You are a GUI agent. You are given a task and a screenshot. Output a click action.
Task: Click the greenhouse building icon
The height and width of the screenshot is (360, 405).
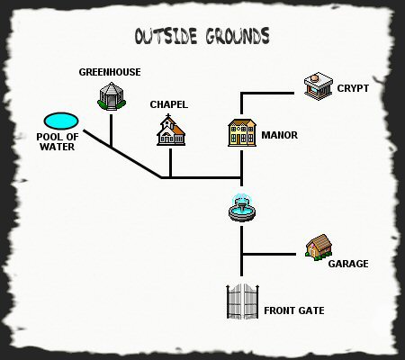pyautogui.click(x=112, y=96)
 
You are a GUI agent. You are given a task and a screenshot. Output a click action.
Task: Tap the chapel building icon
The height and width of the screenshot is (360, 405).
pyautogui.click(x=171, y=130)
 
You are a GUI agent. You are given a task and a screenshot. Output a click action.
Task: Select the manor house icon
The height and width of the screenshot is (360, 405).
pyautogui.click(x=242, y=132)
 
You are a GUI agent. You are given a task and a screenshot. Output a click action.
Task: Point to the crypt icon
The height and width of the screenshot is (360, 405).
pyautogui.click(x=319, y=85)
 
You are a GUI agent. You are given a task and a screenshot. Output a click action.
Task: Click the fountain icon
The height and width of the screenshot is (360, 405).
pyautogui.click(x=242, y=208)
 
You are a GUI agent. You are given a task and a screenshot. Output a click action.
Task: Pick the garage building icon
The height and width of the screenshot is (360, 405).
pyautogui.click(x=319, y=247)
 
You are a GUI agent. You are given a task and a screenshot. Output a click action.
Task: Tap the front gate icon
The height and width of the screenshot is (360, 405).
pyautogui.click(x=242, y=301)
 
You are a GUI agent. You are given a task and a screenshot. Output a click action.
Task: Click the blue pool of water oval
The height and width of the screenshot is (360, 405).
pyautogui.click(x=61, y=121)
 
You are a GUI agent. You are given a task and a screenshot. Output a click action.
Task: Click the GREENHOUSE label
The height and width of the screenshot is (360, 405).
pyautogui.click(x=110, y=72)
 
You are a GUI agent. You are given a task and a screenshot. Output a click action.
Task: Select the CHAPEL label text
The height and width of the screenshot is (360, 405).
pyautogui.click(x=169, y=104)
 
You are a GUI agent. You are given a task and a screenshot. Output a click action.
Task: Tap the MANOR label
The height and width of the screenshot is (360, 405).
pyautogui.click(x=280, y=135)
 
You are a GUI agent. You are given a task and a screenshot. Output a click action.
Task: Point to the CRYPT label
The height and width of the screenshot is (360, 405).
pyautogui.click(x=353, y=88)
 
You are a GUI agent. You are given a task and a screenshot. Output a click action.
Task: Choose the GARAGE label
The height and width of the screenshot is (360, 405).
pyautogui.click(x=348, y=264)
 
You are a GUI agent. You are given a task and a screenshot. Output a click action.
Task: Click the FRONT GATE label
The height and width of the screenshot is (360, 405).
pyautogui.click(x=294, y=310)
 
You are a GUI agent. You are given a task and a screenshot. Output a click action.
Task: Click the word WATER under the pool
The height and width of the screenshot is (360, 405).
pyautogui.click(x=58, y=147)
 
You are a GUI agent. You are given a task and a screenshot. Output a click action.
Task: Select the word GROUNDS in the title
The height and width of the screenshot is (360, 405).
pyautogui.click(x=238, y=36)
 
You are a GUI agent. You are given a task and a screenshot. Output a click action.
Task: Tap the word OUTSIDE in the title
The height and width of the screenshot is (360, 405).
pyautogui.click(x=166, y=36)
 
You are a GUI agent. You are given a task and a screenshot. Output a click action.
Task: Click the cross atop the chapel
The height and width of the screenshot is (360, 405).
pyautogui.click(x=168, y=116)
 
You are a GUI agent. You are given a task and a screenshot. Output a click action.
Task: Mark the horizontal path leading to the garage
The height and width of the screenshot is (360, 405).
pyautogui.click(x=269, y=255)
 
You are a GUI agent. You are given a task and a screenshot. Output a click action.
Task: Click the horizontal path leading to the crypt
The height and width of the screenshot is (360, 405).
pyautogui.click(x=267, y=94)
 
